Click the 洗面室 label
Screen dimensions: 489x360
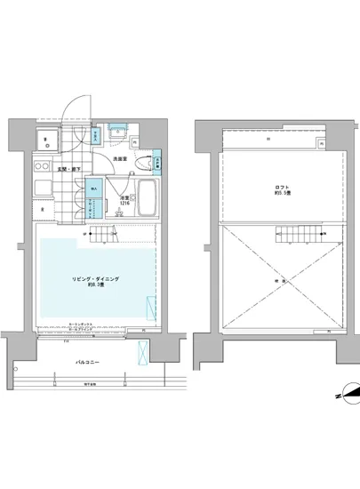(120, 158)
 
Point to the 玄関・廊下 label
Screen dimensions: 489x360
(70, 168)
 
